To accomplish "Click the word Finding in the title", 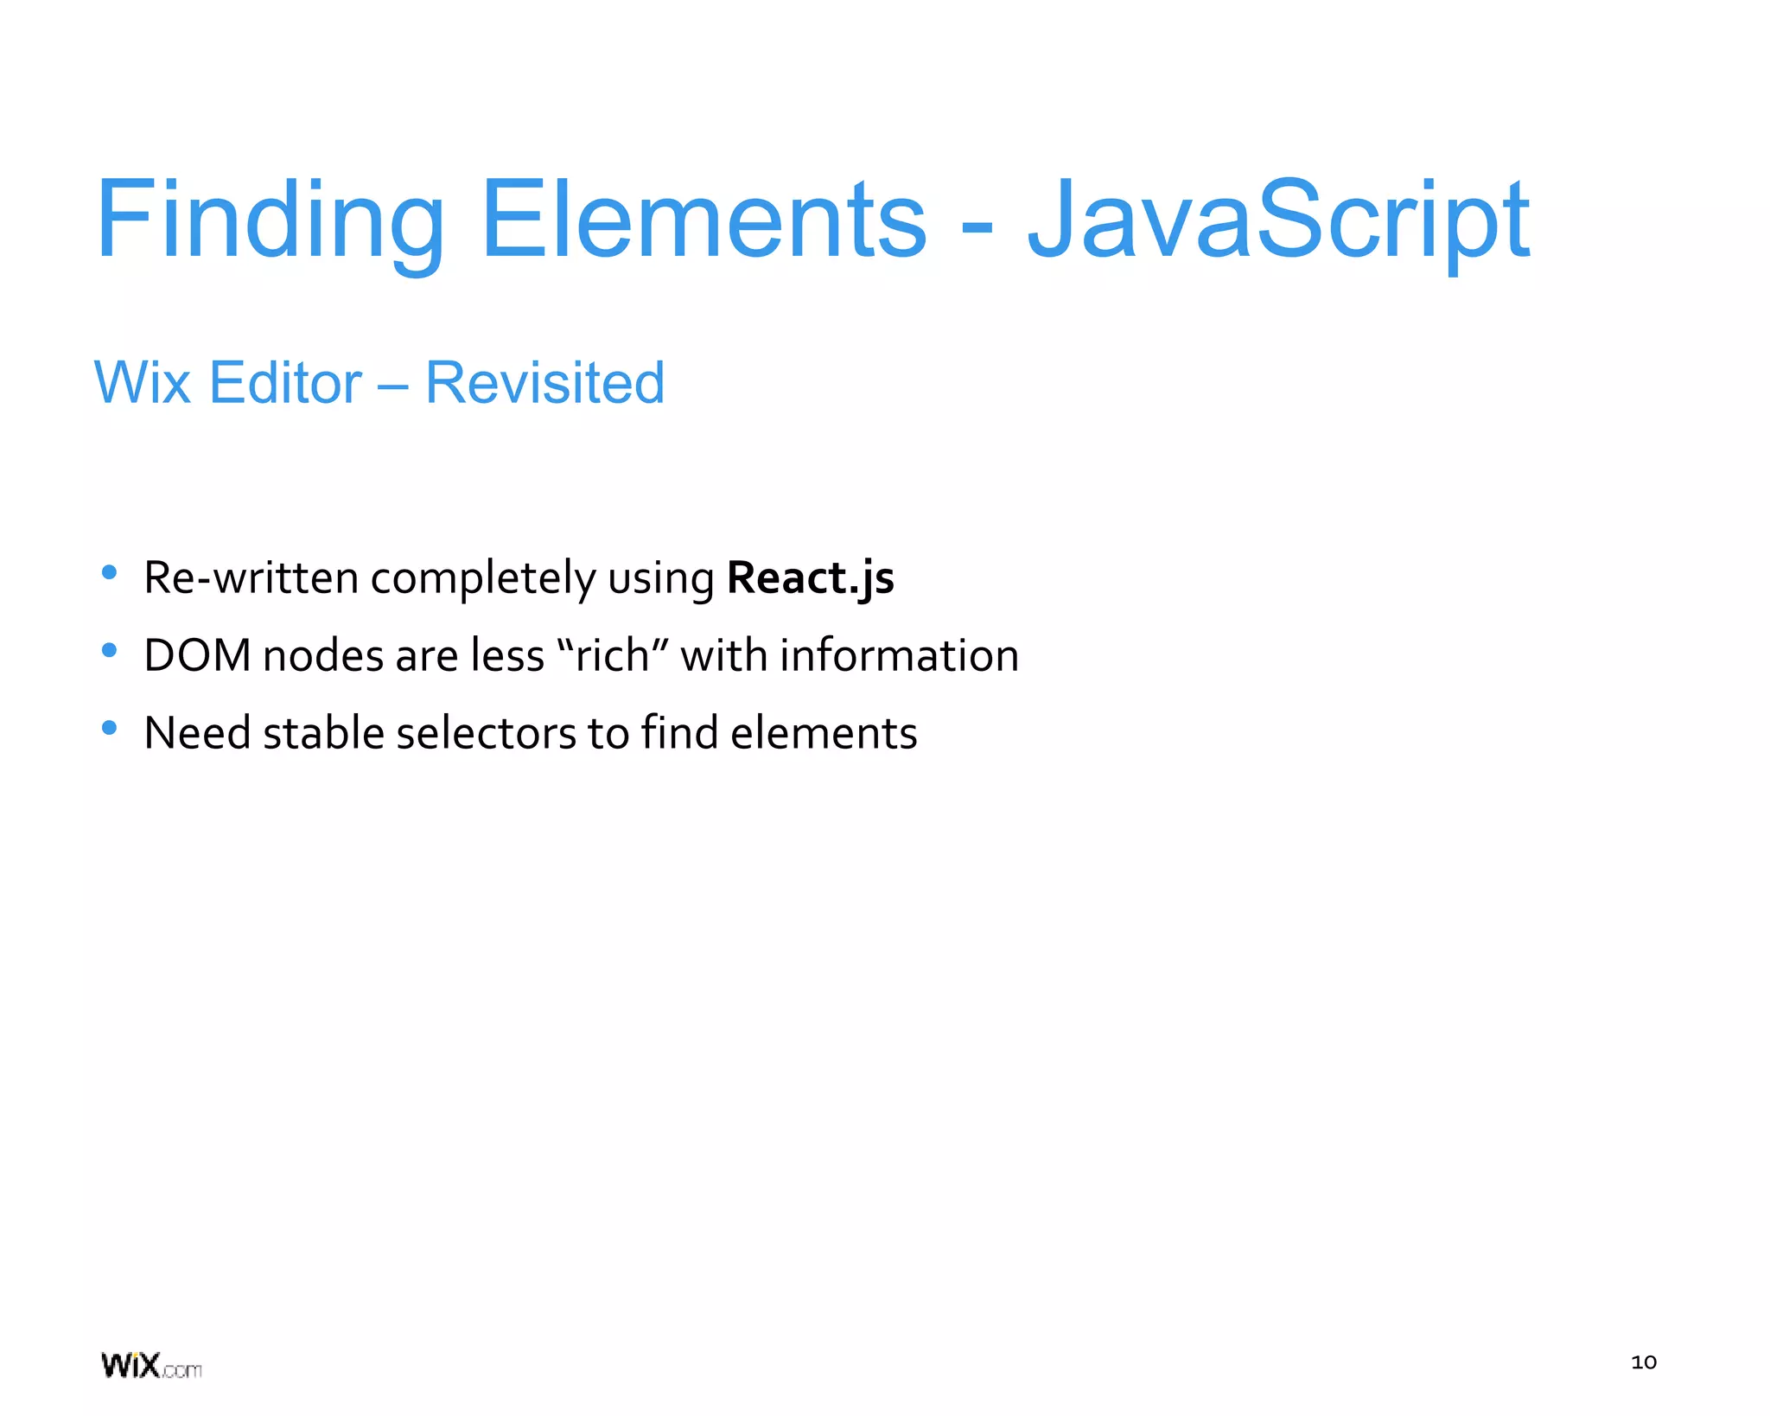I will (270, 220).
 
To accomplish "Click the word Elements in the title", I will (703, 220).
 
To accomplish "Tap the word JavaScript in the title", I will (1277, 220).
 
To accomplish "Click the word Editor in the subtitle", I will (285, 383).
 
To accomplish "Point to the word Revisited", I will (544, 383).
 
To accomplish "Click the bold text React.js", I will (810, 577).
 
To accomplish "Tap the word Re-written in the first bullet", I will (251, 577).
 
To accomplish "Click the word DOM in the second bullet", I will (197, 655).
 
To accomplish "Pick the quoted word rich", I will (613, 655).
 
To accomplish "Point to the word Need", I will (197, 733).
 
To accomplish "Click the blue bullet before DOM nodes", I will (109, 650).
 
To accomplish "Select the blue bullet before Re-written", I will (109, 572).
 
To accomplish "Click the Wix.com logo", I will (151, 1366).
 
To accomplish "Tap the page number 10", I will (1643, 1362).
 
